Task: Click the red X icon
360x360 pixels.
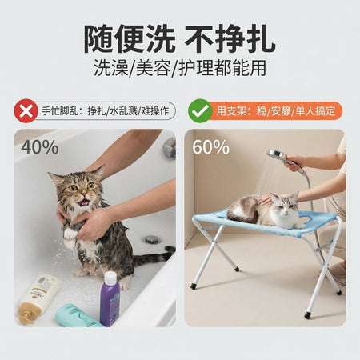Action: pyautogui.click(x=26, y=111)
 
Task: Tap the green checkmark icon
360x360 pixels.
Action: pyautogui.click(x=200, y=111)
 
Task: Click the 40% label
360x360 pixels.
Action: pyautogui.click(x=40, y=147)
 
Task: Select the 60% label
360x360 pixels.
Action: pyautogui.click(x=210, y=147)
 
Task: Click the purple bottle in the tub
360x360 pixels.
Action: pyautogui.click(x=110, y=298)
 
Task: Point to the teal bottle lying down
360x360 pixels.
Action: pyautogui.click(x=78, y=316)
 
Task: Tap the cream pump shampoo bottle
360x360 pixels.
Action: pyautogui.click(x=38, y=298)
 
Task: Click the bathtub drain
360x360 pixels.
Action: pyautogui.click(x=151, y=239)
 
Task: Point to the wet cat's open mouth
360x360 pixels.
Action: pyautogui.click(x=85, y=202)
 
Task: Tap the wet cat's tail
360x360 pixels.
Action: pyautogui.click(x=154, y=257)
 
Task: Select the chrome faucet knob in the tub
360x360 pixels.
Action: pyautogui.click(x=170, y=147)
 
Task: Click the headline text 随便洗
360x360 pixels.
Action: pyautogui.click(x=130, y=39)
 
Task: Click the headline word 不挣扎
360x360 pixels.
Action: pyautogui.click(x=230, y=39)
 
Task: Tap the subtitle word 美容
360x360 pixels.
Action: pyautogui.click(x=153, y=68)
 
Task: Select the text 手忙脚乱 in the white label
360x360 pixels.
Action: pyautogui.click(x=60, y=111)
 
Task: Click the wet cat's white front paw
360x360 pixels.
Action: pyautogui.click(x=70, y=234)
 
